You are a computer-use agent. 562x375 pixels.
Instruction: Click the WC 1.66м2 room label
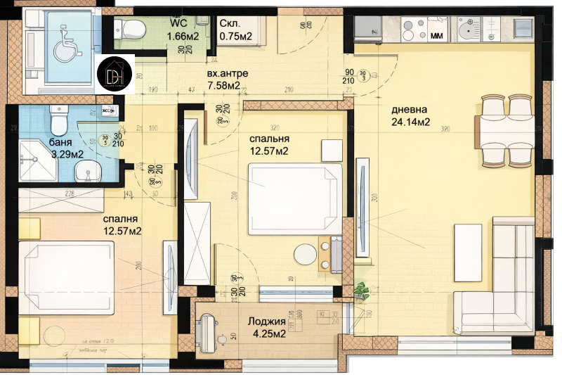(181, 30)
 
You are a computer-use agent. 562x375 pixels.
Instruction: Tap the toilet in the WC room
(131, 30)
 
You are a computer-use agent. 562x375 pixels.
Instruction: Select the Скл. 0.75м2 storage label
(236, 30)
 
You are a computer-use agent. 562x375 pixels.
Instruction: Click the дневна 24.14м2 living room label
(411, 115)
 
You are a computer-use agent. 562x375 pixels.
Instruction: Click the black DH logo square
(115, 74)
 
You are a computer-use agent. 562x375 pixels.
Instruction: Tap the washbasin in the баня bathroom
(87, 169)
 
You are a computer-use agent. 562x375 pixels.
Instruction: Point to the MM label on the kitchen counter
(436, 34)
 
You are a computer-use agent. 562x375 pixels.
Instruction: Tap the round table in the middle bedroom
(306, 255)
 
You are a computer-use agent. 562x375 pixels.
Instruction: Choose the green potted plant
(362, 289)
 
